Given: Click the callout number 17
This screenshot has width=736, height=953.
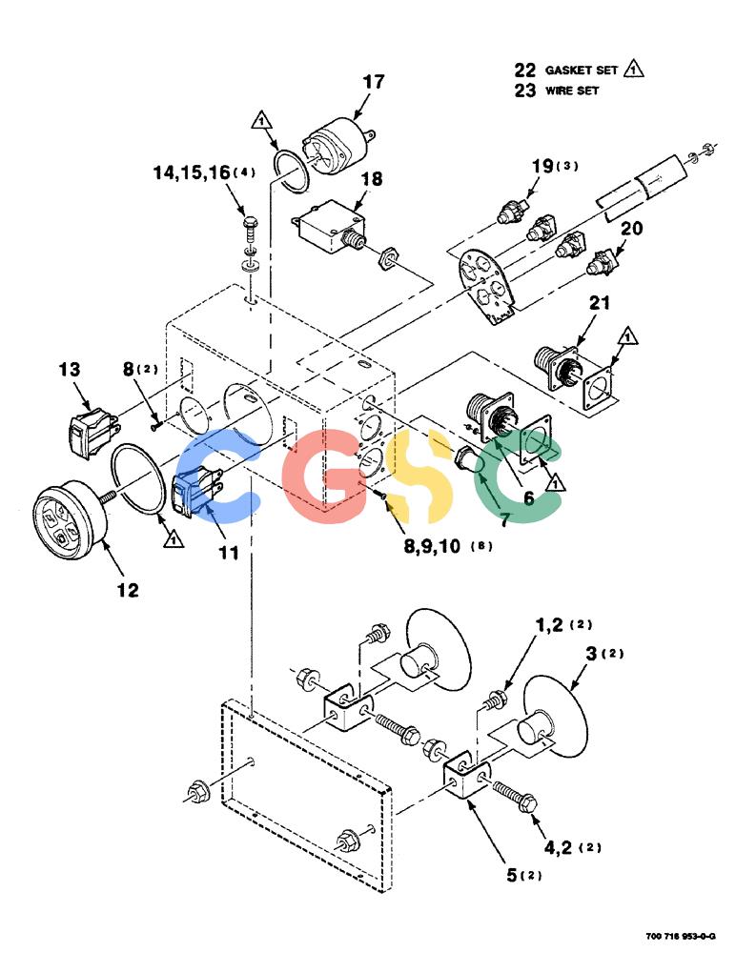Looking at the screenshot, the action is [374, 81].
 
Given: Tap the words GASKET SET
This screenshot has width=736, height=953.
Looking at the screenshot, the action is [581, 70].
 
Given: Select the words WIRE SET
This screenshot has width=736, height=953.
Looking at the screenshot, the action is [572, 91].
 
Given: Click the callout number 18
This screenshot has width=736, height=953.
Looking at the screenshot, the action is [372, 179].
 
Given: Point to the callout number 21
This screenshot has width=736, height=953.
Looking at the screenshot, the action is [599, 303].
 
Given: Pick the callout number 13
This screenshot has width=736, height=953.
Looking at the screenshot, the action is [70, 370].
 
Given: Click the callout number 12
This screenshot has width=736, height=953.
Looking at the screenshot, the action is [127, 590].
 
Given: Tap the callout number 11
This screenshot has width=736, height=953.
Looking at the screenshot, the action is [229, 553].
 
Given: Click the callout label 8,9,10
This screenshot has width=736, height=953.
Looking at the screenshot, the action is [433, 546].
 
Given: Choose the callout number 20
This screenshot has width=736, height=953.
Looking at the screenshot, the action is [631, 229].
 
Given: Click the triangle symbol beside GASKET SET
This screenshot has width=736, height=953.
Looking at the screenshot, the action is [634, 68].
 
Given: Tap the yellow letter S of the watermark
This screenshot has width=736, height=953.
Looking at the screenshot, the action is [425, 476].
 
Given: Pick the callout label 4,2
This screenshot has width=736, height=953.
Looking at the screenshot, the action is [559, 847].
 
